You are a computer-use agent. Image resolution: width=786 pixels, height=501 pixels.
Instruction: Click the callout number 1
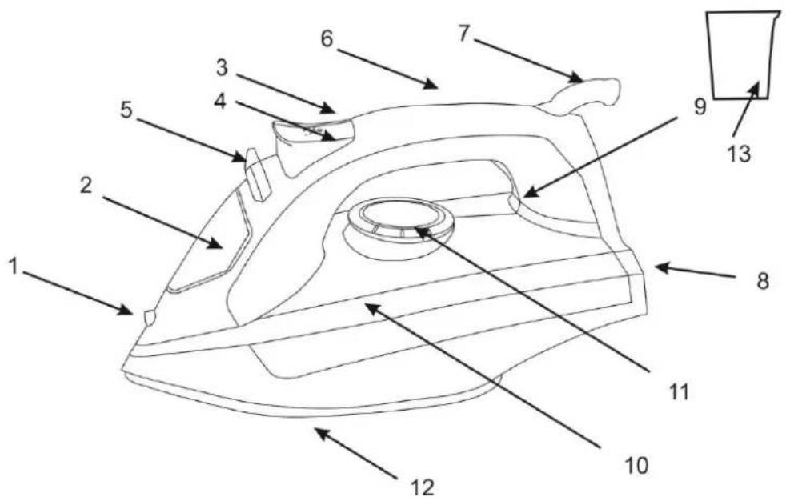click(x=14, y=266)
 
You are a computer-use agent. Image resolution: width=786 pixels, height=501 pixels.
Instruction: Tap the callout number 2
click(x=86, y=186)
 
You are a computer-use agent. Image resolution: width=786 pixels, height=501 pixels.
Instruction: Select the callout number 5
click(x=126, y=110)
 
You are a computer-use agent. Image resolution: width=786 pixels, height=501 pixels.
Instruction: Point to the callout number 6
click(x=327, y=38)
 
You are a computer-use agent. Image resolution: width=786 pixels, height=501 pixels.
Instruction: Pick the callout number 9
click(x=700, y=106)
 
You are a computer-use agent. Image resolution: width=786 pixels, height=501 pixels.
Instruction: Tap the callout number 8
click(x=763, y=281)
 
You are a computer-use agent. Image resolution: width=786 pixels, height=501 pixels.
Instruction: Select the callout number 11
click(x=679, y=392)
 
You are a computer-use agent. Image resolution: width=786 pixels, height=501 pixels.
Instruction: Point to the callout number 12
click(x=422, y=487)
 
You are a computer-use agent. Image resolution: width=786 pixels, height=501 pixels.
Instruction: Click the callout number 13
click(x=740, y=154)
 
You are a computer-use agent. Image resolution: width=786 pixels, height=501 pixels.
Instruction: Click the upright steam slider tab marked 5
click(x=257, y=174)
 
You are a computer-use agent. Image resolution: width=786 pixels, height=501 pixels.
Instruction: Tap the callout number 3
click(x=222, y=68)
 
